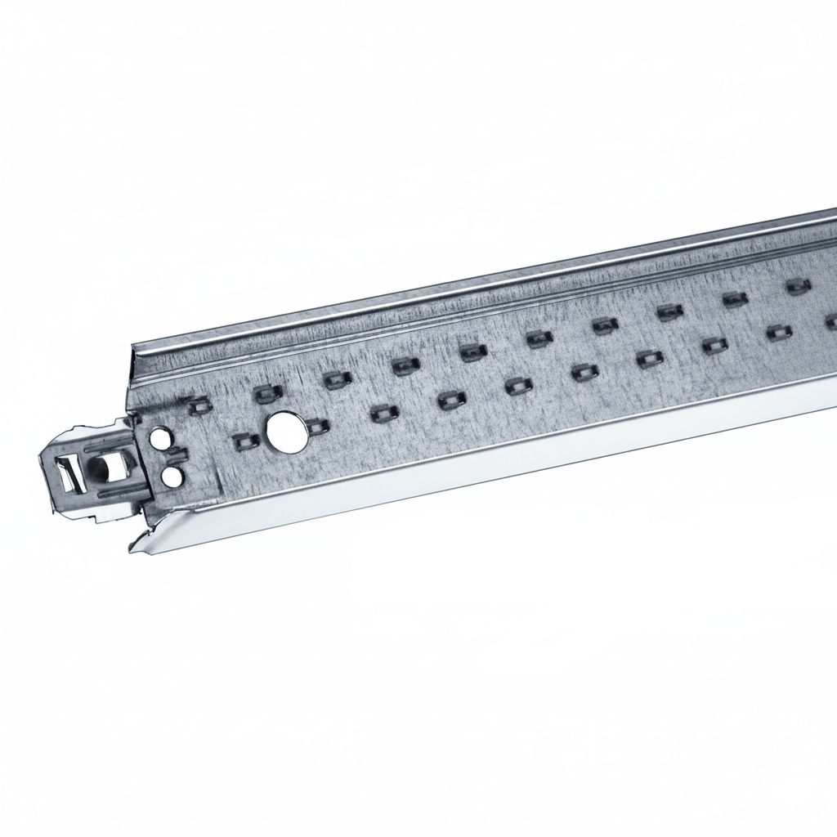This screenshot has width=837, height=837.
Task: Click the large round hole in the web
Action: click(x=287, y=431)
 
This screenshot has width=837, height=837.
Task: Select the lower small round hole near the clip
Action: click(x=171, y=476)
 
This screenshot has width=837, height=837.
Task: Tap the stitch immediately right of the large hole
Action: click(x=316, y=426)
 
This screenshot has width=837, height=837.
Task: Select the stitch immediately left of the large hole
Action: click(x=245, y=442)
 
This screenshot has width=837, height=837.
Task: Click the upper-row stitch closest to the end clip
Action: click(x=198, y=404)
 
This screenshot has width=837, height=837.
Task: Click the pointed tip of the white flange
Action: click(x=134, y=548)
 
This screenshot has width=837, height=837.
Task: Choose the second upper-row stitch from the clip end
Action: click(x=267, y=394)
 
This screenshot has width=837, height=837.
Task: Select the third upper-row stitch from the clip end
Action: click(x=336, y=379)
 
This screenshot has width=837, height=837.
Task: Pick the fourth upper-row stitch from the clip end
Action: click(x=405, y=365)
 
